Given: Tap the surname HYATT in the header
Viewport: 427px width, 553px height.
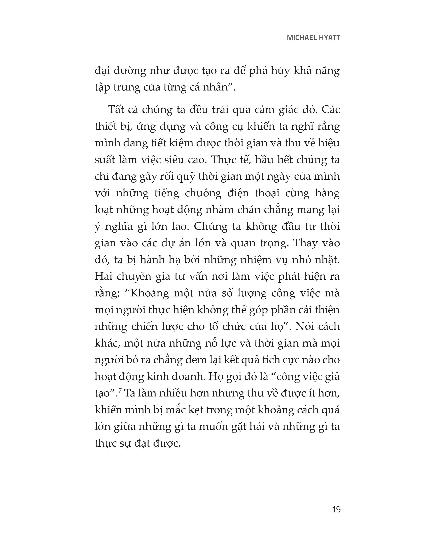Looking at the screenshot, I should [x=331, y=38].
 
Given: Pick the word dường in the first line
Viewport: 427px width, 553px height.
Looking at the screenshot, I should [x=130, y=71].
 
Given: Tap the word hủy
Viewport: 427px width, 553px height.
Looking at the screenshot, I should [x=280, y=71].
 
